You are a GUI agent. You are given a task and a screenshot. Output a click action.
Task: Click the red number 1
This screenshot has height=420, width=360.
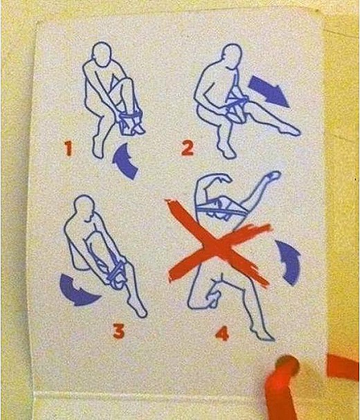[68, 148]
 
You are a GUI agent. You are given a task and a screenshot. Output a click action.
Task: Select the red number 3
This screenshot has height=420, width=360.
[118, 331]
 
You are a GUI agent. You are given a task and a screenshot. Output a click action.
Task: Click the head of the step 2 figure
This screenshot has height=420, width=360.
[231, 55]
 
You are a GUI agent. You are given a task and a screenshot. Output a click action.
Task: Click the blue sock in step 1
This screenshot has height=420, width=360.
[130, 123]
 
